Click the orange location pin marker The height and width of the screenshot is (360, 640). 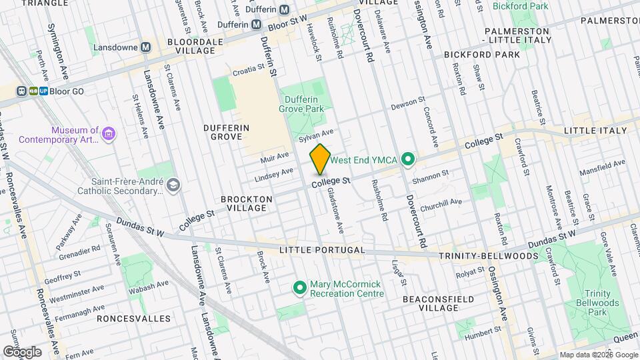click(x=320, y=159)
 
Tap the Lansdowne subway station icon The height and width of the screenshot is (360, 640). click(x=146, y=47)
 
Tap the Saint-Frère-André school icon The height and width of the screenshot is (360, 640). click(x=174, y=185)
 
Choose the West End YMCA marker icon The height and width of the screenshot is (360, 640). click(x=409, y=160)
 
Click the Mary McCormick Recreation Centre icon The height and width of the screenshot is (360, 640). click(x=301, y=288)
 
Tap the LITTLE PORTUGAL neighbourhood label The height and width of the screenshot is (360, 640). click(x=322, y=250)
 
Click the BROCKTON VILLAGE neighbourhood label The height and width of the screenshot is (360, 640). click(x=247, y=203)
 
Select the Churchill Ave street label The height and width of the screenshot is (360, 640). click(x=441, y=203)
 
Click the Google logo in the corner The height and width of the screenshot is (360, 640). click(x=22, y=351)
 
